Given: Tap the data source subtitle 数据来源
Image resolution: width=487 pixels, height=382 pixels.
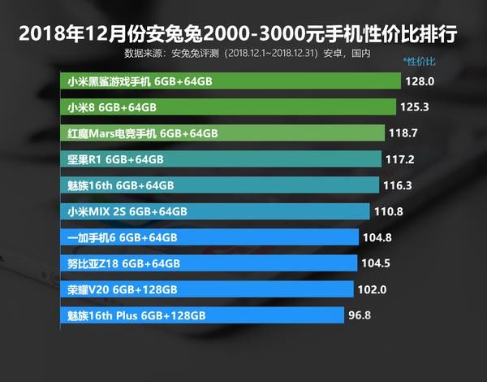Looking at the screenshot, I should [x=248, y=54].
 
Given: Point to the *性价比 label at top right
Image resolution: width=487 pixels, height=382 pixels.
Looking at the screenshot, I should [x=420, y=62].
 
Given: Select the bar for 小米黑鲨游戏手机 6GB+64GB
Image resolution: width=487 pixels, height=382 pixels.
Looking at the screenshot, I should [x=231, y=81].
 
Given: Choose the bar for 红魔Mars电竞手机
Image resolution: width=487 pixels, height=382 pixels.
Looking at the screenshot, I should [x=222, y=133].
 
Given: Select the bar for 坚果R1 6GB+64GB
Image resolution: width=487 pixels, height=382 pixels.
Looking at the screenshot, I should [x=221, y=159].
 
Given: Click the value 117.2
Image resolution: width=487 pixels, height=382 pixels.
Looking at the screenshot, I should [x=399, y=159].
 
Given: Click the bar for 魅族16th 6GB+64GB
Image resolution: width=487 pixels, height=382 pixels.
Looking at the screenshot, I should [x=220, y=185].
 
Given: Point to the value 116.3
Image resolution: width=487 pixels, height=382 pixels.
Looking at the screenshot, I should [x=398, y=185].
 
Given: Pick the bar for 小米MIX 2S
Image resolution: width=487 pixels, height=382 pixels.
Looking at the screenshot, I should [x=215, y=211].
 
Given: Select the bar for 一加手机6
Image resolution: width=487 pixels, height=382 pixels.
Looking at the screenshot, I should [x=210, y=237].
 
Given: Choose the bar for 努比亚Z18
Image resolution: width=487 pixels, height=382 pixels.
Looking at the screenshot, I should [x=209, y=263].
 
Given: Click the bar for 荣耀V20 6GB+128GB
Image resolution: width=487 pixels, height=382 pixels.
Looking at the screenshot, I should [x=208, y=289].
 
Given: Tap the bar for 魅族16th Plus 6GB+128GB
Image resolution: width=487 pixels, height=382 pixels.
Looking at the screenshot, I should [x=204, y=315].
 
